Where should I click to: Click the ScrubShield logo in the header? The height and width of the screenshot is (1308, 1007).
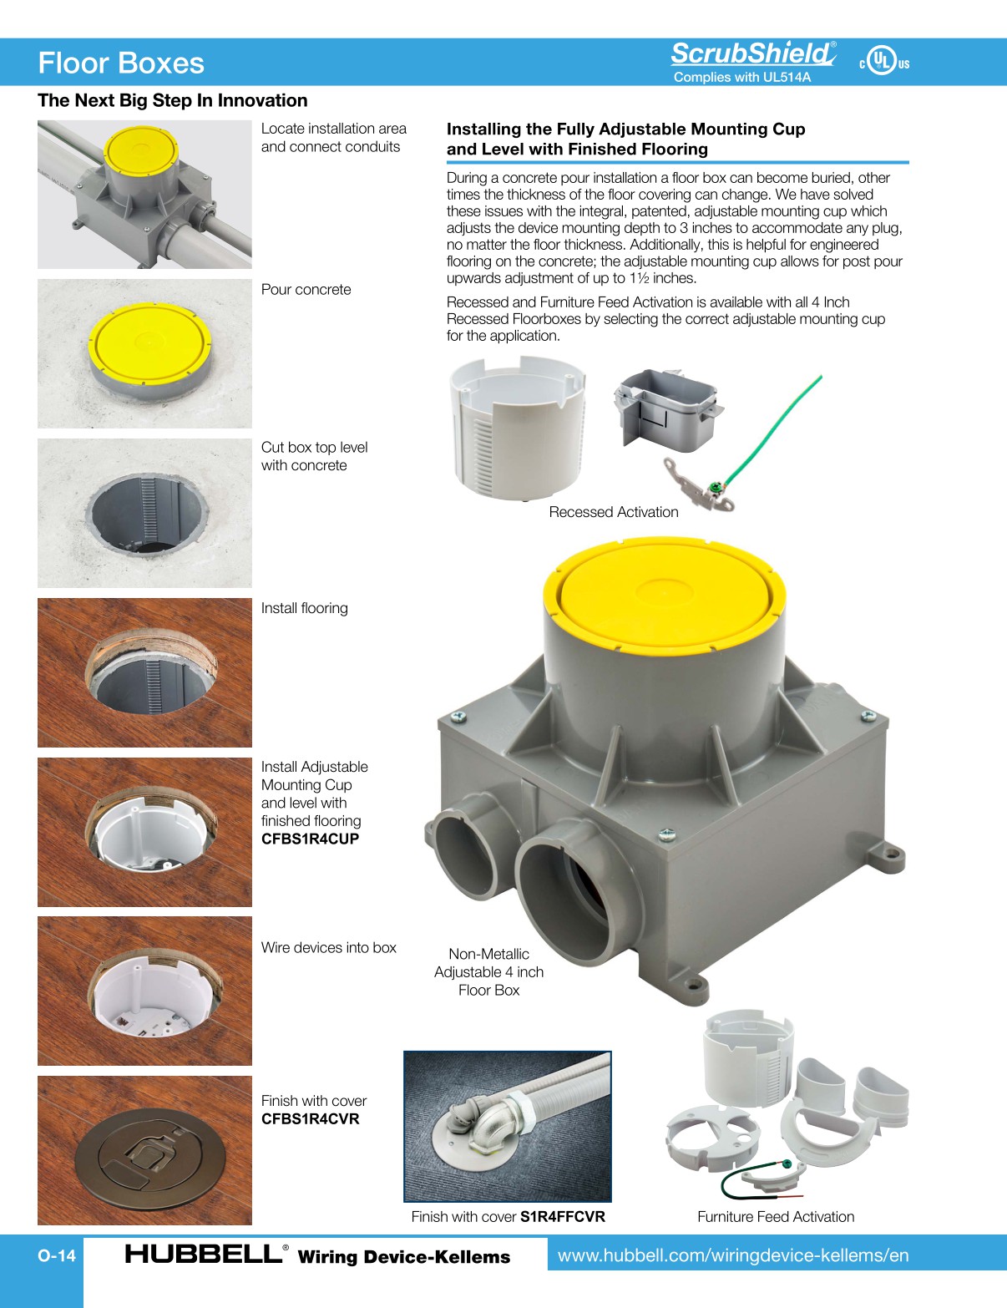point(751,54)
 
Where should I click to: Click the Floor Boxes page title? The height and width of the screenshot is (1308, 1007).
point(121,63)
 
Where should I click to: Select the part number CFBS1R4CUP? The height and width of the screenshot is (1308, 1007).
point(310,839)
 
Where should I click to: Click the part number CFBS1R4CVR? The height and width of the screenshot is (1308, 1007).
point(310,1119)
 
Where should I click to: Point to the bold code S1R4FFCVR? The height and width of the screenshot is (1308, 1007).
point(562,1217)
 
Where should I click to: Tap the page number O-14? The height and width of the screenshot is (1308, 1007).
point(57,1255)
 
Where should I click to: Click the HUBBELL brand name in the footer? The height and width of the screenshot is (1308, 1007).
point(203,1254)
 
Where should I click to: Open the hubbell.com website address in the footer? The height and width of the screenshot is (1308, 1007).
point(732,1255)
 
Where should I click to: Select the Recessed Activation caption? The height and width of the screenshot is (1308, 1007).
point(613,512)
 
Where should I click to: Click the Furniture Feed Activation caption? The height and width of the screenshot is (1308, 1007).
point(775,1217)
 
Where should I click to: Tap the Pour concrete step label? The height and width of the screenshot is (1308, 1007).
point(306,290)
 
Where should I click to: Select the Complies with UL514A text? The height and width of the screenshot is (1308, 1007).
point(741,78)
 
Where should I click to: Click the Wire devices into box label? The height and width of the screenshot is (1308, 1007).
point(328,948)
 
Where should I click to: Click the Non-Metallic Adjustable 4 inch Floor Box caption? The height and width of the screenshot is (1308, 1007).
point(488,972)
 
